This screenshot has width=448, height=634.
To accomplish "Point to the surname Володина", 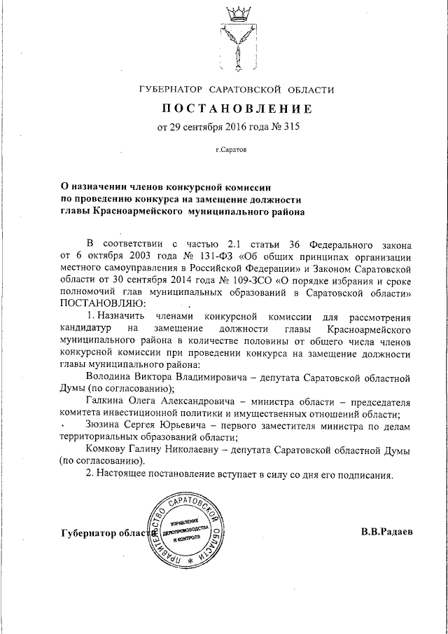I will [107, 377].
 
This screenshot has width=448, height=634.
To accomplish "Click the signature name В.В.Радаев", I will [387, 531].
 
